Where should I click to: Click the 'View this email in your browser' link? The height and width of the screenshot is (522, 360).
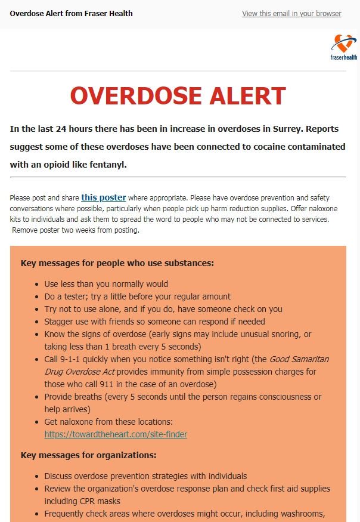[291, 14]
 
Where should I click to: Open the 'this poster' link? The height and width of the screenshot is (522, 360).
[104, 197]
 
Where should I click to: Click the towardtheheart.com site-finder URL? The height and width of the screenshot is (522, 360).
[116, 434]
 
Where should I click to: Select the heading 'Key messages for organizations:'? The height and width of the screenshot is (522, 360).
[88, 455]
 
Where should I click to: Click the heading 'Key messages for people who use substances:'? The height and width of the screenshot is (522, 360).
[117, 262]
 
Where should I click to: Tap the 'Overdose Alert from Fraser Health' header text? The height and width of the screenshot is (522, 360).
[72, 13]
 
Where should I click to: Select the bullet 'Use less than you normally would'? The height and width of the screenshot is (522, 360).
[106, 284]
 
